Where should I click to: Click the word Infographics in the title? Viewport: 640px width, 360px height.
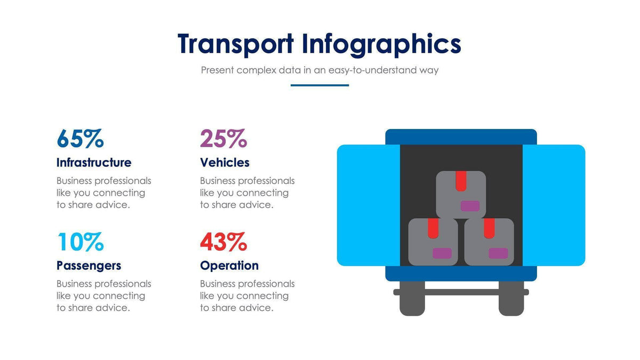point(381,44)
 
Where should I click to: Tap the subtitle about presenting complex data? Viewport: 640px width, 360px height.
point(319,70)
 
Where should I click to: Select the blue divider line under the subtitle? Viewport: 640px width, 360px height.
point(319,85)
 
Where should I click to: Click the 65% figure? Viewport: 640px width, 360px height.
point(80,139)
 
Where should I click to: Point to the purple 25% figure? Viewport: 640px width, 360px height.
point(223,139)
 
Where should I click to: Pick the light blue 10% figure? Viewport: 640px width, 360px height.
point(80,242)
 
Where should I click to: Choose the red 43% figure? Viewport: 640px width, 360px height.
point(223,242)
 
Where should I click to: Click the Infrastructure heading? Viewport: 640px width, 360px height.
point(94,162)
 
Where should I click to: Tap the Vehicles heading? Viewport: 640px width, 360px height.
point(225,162)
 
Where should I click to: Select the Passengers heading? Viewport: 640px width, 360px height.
point(89,265)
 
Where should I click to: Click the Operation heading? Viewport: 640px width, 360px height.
point(229,265)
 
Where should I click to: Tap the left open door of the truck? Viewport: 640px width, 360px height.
point(368,205)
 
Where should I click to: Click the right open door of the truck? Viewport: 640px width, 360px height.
point(554,205)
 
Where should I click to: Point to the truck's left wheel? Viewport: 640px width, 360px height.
point(412,301)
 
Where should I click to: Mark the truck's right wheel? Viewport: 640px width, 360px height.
point(511,301)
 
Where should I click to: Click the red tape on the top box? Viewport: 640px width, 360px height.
point(461,181)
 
